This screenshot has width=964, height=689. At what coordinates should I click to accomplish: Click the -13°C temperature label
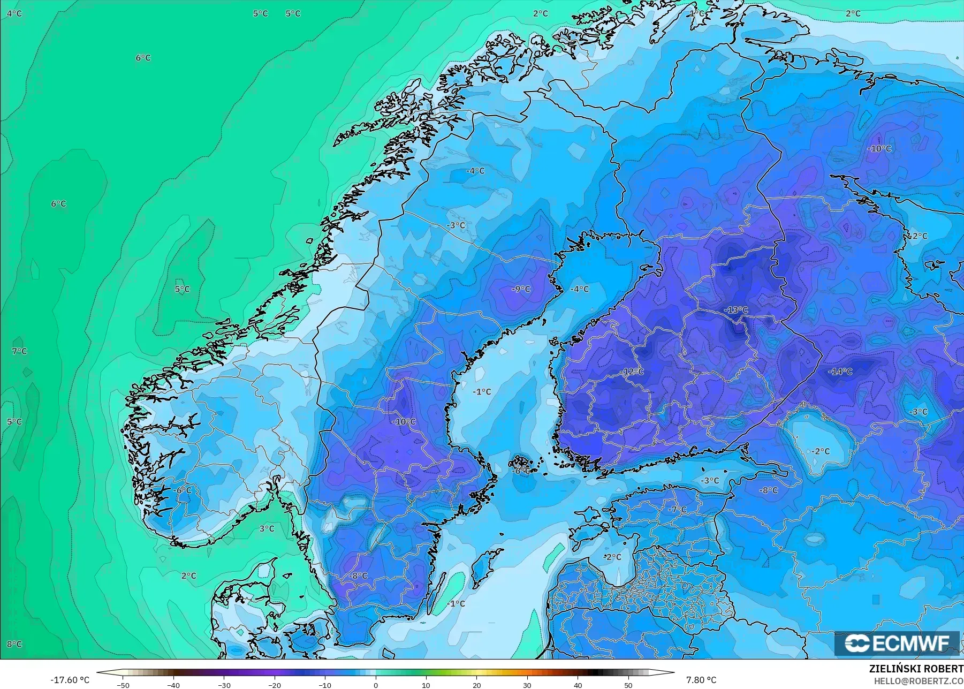point(736,310)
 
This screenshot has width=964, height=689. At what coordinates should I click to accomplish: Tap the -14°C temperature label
point(840,372)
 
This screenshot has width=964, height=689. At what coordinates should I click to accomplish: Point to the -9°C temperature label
point(521,289)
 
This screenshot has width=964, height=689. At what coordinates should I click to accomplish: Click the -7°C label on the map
point(677,510)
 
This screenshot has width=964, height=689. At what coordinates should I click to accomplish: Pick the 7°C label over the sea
point(19,351)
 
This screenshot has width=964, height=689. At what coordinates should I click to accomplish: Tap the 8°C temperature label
point(14,644)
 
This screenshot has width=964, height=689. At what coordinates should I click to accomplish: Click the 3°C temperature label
point(267,528)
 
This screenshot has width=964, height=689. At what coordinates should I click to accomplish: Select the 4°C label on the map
point(14,13)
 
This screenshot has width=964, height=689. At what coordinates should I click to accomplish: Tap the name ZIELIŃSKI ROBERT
point(916,669)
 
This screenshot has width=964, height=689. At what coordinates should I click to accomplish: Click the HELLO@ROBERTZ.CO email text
point(919,681)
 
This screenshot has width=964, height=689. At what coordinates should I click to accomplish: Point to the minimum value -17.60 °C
point(70,680)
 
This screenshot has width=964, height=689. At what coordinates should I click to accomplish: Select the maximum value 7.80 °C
point(701,680)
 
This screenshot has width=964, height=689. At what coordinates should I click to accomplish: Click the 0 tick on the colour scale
point(376,685)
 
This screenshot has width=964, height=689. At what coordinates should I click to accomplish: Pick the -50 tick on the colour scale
point(123,685)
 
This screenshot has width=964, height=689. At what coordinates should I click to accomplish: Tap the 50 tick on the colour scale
point(628,685)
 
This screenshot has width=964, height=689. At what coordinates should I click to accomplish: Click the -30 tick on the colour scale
point(224,685)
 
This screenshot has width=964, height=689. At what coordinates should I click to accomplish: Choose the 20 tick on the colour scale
point(477,685)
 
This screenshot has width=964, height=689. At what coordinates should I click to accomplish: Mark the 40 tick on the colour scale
point(578,685)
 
